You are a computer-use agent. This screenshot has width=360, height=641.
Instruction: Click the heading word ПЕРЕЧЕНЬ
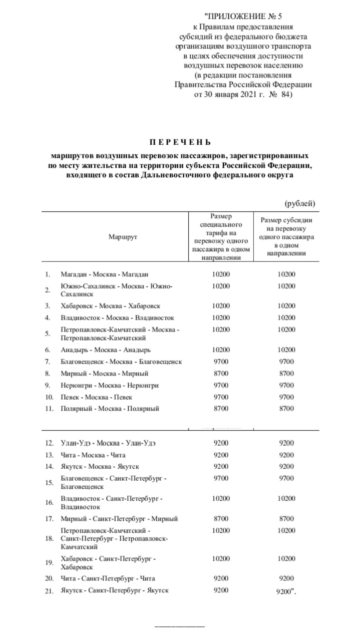point(180,142)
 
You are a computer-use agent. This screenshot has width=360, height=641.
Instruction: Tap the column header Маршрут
point(123,236)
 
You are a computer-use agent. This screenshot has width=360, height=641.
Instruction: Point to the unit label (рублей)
point(299,203)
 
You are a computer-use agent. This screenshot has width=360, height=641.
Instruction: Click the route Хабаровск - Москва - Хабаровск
point(110,305)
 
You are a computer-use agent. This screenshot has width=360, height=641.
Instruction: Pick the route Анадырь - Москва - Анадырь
point(105,350)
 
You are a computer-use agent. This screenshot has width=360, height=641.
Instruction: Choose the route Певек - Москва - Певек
point(97,397)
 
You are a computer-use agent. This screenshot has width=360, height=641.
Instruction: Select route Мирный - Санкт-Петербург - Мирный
point(119,519)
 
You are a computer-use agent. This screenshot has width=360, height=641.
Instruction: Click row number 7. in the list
point(48,362)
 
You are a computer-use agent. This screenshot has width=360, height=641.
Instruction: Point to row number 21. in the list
point(49,590)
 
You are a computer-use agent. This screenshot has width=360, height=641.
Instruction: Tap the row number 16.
point(49,503)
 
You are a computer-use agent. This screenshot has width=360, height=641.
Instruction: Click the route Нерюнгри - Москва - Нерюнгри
point(110,385)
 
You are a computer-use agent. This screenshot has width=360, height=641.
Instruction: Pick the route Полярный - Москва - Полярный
point(110,409)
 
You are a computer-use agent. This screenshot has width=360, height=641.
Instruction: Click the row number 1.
point(48,274)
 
